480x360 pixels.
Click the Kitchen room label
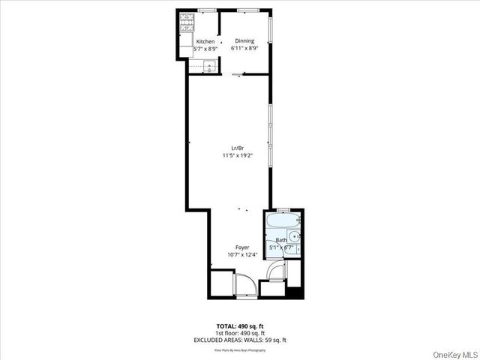(205, 42)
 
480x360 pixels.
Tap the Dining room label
(244, 40)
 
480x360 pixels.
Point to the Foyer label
(242, 247)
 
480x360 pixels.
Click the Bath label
(281, 240)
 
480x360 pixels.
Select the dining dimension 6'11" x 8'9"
(244, 48)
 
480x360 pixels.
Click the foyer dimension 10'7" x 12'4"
(242, 254)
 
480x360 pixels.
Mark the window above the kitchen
(208, 10)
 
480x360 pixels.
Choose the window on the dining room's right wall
(271, 30)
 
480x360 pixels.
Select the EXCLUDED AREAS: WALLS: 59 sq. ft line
(240, 340)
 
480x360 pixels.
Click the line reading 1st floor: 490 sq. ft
(240, 333)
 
